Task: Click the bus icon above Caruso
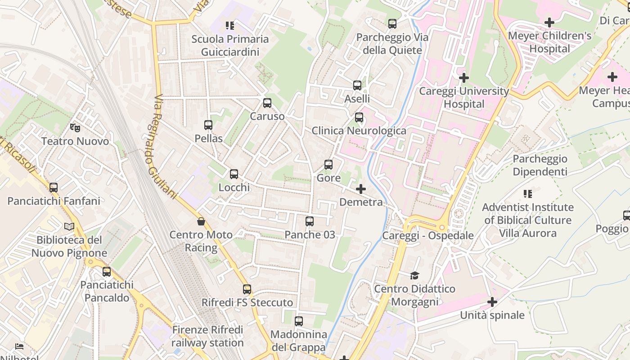[267, 103]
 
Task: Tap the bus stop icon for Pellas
[208, 125]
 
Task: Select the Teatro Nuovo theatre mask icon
[75, 128]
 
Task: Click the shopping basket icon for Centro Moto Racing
[201, 221]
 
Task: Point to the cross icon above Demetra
[361, 189]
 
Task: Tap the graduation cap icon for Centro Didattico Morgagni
[414, 275]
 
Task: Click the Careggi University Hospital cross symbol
[463, 78]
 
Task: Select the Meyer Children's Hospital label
[549, 42]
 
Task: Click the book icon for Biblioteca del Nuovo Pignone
[69, 227]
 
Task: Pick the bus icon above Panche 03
[310, 221]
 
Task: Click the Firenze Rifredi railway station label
[207, 336]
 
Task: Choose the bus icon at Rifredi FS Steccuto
[247, 289]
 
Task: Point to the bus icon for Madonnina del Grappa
[299, 321]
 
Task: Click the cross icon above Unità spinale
[492, 302]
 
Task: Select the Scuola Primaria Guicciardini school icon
[230, 26]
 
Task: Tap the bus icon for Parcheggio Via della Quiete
[392, 24]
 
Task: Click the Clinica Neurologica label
[359, 131]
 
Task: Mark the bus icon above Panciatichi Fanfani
[54, 188]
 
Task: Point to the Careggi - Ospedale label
[427, 235]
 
